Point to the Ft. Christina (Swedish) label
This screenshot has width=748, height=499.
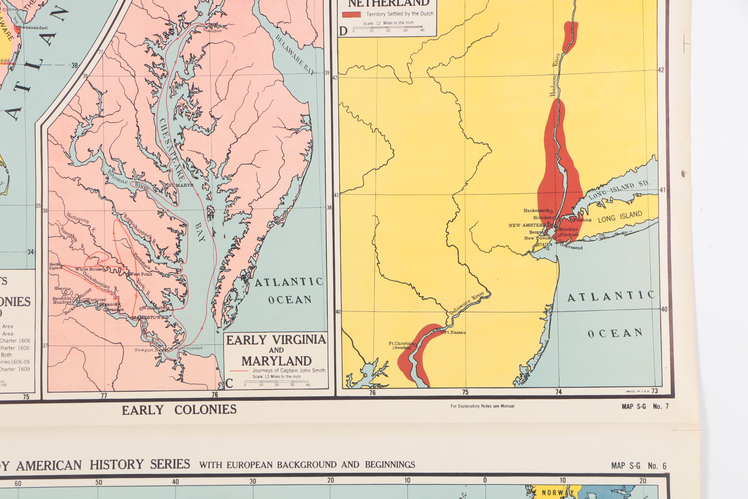(x=401, y=346)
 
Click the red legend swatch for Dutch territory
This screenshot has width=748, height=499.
(x=351, y=14)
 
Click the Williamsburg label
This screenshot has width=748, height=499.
(x=156, y=308)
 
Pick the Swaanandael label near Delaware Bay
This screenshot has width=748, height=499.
(x=34, y=28)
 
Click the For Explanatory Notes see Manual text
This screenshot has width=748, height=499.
(x=482, y=406)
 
